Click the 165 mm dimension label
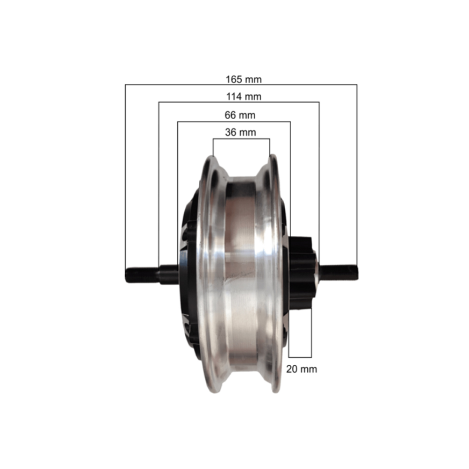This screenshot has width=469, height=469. click(x=243, y=80)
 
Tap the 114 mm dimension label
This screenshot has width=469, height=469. click(x=244, y=97)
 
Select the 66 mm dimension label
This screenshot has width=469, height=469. click(x=240, y=115)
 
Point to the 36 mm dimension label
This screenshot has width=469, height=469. click(x=241, y=132)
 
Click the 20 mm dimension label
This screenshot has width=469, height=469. click(x=302, y=369)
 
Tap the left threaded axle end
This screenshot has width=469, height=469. click(x=142, y=275)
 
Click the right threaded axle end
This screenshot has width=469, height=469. click(x=339, y=272)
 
